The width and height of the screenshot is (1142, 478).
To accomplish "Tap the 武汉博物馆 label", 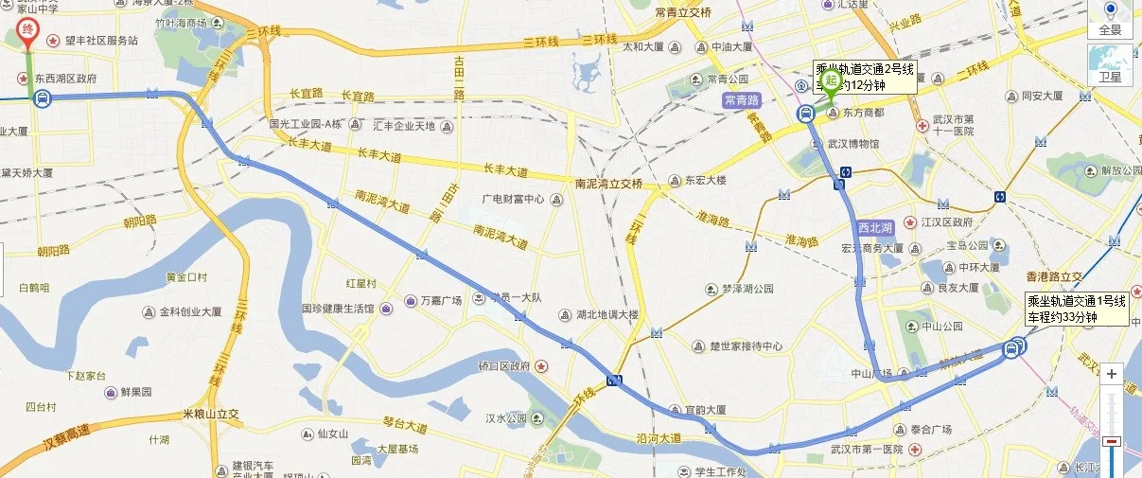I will [x=853, y=144].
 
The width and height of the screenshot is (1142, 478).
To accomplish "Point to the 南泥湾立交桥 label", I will [x=608, y=183].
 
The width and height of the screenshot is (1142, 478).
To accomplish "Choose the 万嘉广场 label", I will [x=444, y=300].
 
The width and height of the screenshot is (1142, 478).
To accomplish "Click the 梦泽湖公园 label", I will [x=747, y=289].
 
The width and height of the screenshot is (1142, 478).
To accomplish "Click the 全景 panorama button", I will [x=1110, y=19].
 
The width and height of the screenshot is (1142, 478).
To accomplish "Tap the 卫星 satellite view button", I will [x=1110, y=66].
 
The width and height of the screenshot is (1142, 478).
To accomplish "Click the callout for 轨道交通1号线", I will [x=1077, y=310].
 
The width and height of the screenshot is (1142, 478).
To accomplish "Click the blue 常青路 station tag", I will [x=741, y=99].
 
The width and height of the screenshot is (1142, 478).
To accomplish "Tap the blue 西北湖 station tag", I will [x=875, y=228].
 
